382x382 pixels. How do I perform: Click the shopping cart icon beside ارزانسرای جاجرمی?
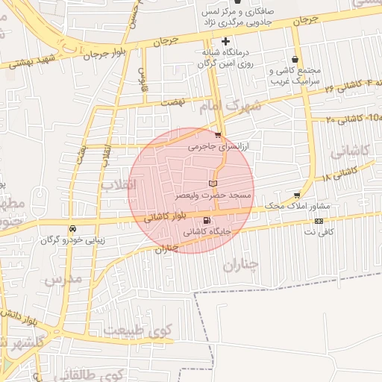point(218,135)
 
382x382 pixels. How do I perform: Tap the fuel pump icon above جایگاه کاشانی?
point(207,220)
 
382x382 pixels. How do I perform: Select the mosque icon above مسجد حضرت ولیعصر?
point(213,183)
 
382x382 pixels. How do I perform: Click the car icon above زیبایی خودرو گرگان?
point(72,228)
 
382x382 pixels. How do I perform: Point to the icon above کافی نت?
point(319,221)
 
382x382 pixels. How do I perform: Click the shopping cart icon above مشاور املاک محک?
point(297,194)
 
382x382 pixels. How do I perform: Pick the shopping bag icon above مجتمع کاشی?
point(297,59)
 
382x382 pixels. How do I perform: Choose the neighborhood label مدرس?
point(61,280)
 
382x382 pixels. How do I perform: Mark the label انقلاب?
point(116,184)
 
